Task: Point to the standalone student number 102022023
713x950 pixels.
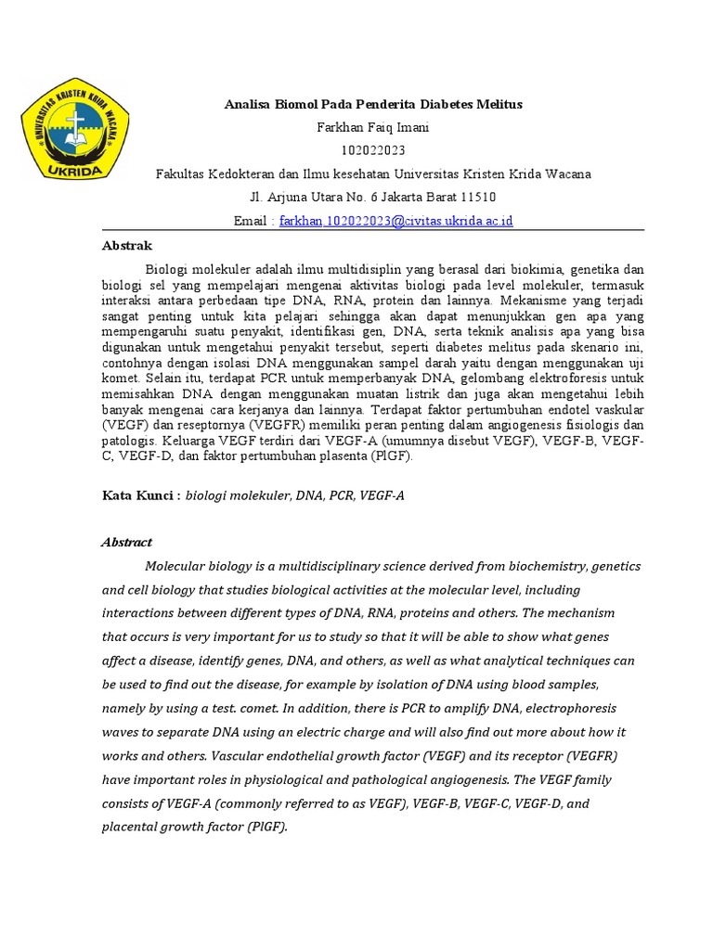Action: point(373,151)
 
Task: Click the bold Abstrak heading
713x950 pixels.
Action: point(125,246)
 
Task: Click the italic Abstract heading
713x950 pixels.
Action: point(126,543)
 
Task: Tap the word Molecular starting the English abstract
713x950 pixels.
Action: point(176,566)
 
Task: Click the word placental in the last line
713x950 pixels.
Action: point(129,827)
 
